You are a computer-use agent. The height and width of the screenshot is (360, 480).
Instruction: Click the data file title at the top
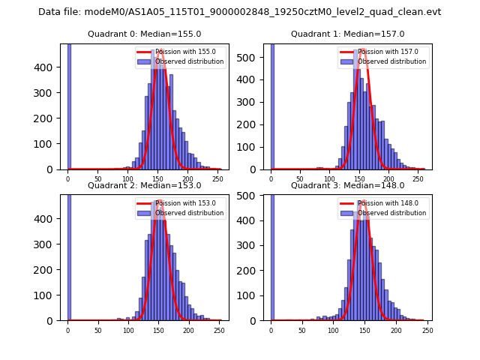coord(239,12)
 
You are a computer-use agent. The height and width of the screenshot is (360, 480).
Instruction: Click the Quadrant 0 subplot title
coord(144,34)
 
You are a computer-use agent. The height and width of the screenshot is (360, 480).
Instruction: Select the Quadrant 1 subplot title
coord(347,34)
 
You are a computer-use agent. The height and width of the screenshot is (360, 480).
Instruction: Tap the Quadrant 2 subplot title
coord(144,185)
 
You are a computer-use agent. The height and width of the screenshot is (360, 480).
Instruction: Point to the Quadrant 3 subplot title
coord(347,185)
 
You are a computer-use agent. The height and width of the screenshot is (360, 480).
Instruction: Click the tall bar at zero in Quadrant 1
coord(271,105)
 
